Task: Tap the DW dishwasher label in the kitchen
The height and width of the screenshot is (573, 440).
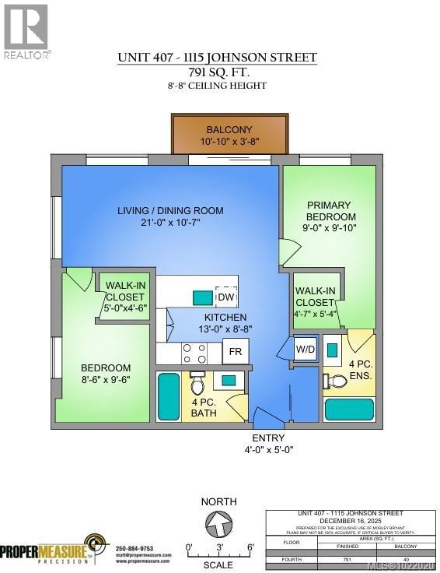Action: (225, 297)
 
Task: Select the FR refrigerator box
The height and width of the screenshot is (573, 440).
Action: (235, 352)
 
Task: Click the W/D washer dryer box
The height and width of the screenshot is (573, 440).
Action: (305, 350)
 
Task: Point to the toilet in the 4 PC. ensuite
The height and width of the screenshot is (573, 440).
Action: (337, 381)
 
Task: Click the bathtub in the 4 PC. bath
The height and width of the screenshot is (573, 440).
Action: (169, 396)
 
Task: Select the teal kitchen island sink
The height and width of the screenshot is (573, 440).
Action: (201, 297)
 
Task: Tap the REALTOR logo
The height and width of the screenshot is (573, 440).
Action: (26, 31)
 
